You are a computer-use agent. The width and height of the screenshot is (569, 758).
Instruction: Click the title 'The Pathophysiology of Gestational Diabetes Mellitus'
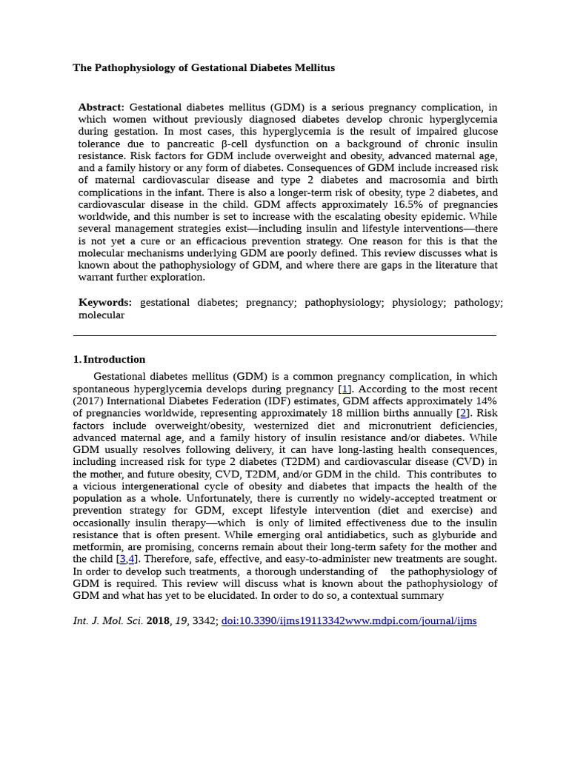[204, 68]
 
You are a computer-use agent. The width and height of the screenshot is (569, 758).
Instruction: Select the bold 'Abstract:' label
[102, 107]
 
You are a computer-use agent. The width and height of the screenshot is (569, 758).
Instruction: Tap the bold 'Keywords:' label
[105, 303]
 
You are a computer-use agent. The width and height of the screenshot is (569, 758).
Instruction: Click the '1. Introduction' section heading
[109, 360]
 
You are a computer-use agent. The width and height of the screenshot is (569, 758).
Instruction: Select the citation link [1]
[345, 389]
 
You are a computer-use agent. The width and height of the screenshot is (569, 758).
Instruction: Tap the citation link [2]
[462, 414]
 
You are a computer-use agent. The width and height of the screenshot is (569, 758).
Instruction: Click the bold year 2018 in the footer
[158, 621]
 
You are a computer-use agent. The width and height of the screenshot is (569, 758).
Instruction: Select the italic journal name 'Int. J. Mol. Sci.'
[107, 621]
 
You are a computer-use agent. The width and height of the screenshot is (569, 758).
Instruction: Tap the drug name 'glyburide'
[439, 535]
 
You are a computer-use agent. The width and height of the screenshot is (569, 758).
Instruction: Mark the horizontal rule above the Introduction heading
[284, 335]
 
